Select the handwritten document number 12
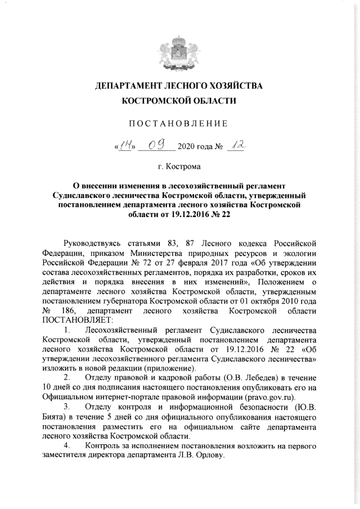(238, 146)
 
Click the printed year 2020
(186, 148)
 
